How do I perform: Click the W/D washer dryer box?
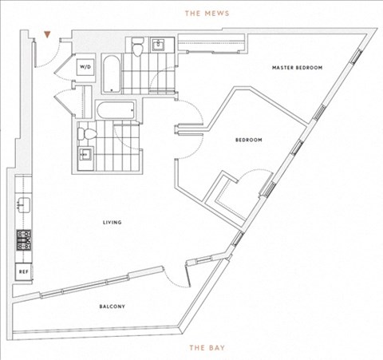(85, 67)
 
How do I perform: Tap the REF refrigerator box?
(24, 271)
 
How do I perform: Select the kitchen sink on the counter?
(23, 205)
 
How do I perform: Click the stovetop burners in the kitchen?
(24, 240)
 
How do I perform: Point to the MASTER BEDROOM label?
(297, 68)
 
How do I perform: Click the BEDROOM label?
(249, 140)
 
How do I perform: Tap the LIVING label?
(113, 222)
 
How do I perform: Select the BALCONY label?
(112, 307)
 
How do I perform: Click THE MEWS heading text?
(207, 14)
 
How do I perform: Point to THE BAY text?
(207, 348)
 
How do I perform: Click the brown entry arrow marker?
(47, 34)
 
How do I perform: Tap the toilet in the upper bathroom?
(138, 47)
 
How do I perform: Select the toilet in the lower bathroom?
(87, 134)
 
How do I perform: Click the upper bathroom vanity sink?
(162, 45)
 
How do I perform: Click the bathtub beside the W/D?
(112, 73)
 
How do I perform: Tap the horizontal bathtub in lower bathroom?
(116, 110)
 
